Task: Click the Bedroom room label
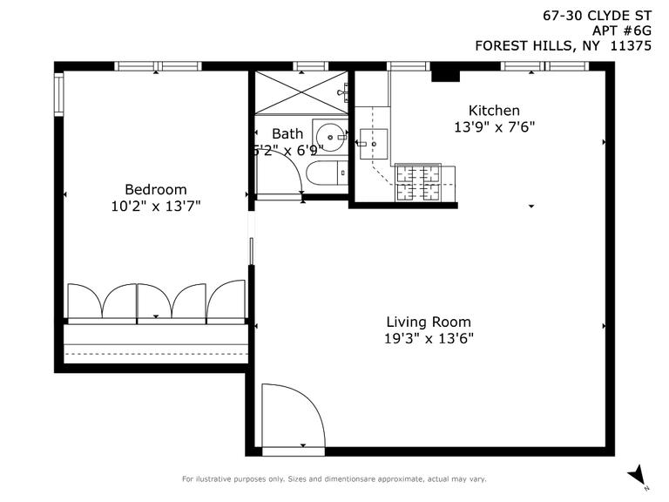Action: (155, 189)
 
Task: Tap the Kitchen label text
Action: (494, 111)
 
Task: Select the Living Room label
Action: (429, 322)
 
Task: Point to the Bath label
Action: (287, 134)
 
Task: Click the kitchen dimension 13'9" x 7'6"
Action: (494, 126)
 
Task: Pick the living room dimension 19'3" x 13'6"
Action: (429, 338)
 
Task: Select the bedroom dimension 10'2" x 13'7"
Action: (155, 206)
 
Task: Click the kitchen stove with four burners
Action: (418, 182)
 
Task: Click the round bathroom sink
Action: (330, 137)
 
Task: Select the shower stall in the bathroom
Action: (301, 92)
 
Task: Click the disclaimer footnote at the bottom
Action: (334, 478)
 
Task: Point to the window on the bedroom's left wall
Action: (59, 94)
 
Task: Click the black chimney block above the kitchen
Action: (446, 73)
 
